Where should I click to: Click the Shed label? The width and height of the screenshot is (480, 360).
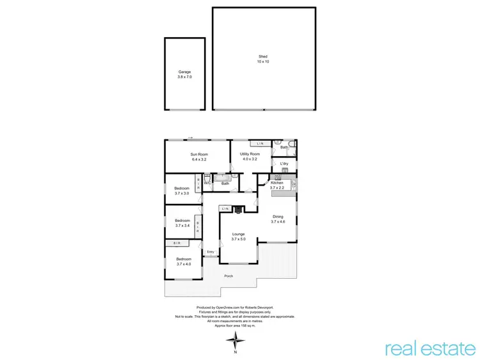coord(262,57)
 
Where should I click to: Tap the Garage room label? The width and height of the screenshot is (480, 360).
coord(184,72)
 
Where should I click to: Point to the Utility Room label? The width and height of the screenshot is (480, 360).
coord(250,154)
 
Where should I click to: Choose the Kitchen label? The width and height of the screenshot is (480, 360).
coord(277,184)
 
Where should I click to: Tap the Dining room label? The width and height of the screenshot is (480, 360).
coord(278,217)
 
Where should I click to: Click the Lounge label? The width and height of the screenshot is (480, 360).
coord(239,235)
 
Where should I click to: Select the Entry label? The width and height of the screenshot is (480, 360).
coord(211,252)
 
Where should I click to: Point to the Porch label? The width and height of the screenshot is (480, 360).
coord(228,276)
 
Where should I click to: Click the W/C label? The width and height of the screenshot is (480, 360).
coord(207,184)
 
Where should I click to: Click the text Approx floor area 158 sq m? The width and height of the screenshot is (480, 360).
coord(234,325)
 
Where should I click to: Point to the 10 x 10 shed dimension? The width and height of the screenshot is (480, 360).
coord(262,62)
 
